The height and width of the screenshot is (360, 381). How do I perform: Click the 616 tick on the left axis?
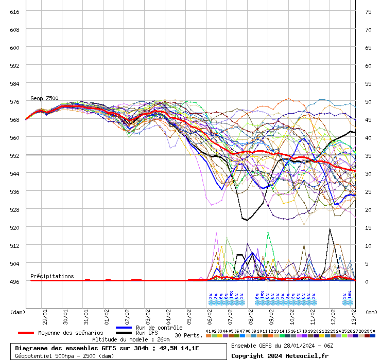(x=14, y=11)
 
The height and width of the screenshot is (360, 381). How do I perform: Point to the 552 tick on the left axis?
(x=14, y=155)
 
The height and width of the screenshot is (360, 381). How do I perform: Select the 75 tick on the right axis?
(x=368, y=11)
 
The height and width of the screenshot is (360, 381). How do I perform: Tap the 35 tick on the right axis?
(x=368, y=155)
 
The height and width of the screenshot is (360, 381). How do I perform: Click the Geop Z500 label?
(x=44, y=98)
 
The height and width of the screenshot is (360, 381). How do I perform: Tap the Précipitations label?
(x=52, y=276)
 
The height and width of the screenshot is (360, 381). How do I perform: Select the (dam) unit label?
(x=18, y=312)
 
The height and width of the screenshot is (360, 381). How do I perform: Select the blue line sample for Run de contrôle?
(x=124, y=328)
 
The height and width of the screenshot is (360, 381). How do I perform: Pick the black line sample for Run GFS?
(x=124, y=333)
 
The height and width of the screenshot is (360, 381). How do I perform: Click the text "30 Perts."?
(x=188, y=335)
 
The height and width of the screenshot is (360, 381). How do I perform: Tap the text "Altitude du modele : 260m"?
(x=131, y=339)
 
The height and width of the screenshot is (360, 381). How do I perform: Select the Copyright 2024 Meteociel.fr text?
(x=280, y=355)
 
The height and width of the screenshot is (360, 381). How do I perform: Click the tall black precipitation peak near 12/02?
(x=330, y=229)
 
